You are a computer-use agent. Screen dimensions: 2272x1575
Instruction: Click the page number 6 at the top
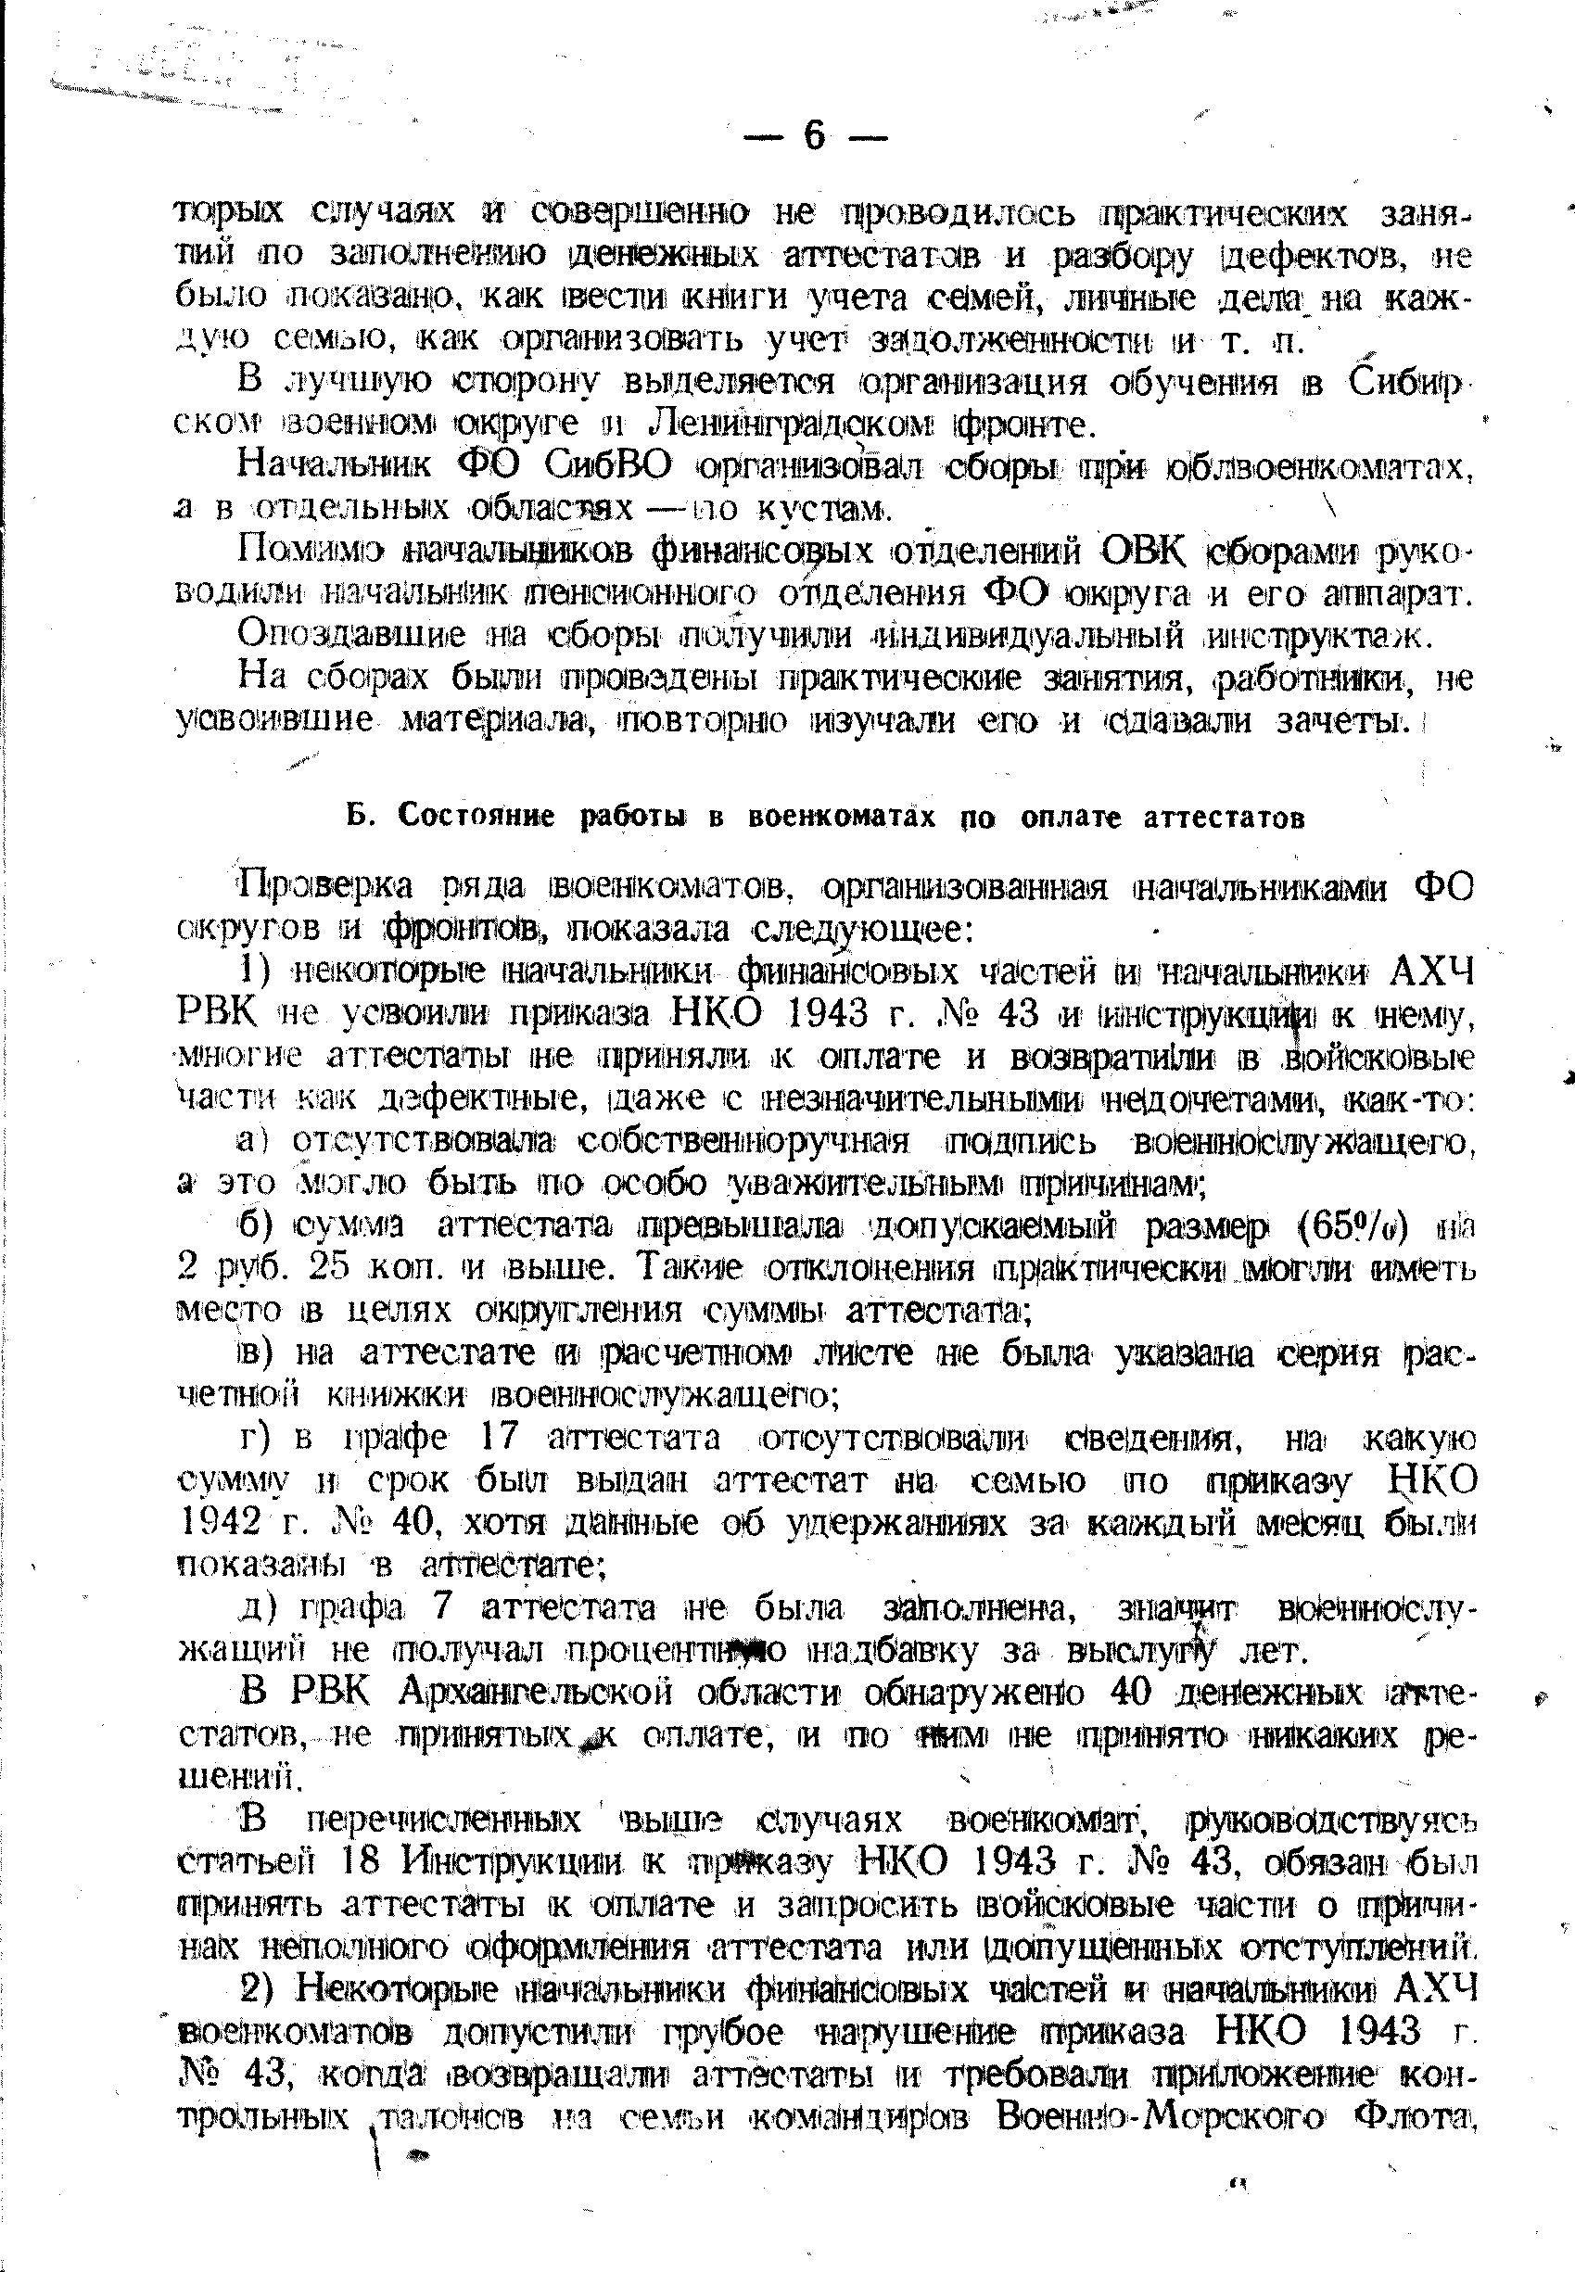tap(814, 136)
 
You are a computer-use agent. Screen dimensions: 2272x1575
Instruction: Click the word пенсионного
tap(646, 595)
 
